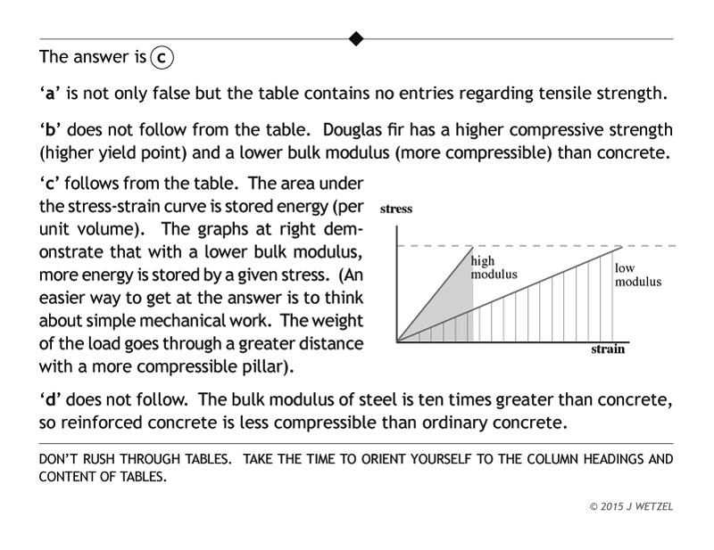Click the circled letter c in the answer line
[x=162, y=57]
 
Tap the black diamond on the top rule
[x=356, y=38]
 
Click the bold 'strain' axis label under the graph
[x=608, y=349]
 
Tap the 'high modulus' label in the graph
[x=494, y=268]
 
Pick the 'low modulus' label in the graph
[x=637, y=275]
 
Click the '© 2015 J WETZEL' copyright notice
[x=631, y=505]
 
